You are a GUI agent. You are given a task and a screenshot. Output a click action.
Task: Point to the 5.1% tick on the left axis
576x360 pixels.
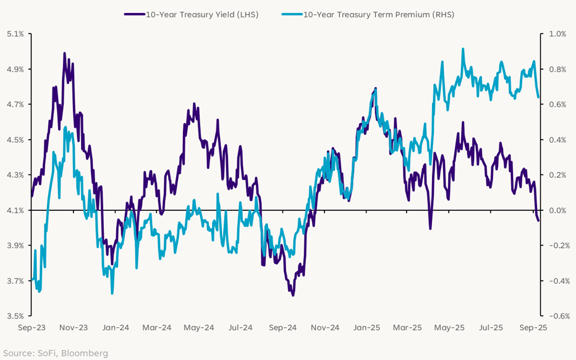pos(15,34)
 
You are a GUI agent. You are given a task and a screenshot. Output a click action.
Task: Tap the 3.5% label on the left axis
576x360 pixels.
pos(15,316)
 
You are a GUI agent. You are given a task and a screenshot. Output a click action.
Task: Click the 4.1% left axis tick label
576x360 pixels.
pos(15,210)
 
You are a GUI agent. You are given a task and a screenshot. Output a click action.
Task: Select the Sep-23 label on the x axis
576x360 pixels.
pos(31,328)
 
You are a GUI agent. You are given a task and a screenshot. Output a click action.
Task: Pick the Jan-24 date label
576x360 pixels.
pos(115,328)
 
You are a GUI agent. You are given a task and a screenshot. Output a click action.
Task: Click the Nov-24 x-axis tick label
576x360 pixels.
pos(326,328)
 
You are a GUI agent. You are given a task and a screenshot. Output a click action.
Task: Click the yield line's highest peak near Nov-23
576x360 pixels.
pos(64,53)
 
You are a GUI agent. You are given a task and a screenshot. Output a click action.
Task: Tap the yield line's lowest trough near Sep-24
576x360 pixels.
pos(292,295)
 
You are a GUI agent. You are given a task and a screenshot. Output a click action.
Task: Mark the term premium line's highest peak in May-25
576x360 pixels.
pos(463,49)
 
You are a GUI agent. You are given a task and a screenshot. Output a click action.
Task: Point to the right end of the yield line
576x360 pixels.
pos(538,221)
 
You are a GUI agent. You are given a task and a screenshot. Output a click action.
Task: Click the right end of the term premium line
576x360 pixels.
pos(539,97)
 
